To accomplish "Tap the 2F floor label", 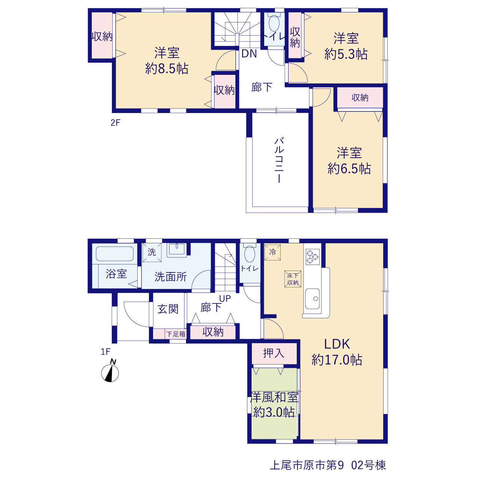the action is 115,122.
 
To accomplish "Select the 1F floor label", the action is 106,351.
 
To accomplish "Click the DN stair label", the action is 249,54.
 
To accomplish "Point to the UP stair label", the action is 225,299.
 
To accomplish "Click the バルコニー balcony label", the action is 279,160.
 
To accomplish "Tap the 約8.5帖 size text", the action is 167,68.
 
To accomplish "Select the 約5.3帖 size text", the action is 346,54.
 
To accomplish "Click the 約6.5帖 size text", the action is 349,168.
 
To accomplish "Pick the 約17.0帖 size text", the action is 337,359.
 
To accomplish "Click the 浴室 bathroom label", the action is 116,274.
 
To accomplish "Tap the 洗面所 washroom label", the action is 171,277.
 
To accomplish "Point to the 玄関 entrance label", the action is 168,309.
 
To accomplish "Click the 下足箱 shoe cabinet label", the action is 176,334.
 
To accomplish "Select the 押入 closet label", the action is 274,353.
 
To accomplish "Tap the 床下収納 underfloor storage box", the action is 293,279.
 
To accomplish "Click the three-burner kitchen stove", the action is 312,257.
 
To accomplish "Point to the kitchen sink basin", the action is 312,299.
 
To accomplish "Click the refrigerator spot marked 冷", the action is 272,252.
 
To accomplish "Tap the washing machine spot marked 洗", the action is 152,252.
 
